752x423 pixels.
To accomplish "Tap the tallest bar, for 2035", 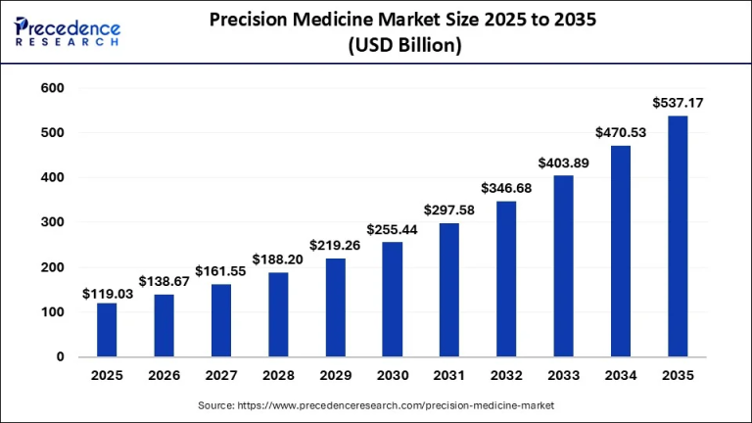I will [677, 236].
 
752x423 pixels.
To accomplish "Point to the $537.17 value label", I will [677, 103].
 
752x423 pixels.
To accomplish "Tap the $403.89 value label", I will [562, 164].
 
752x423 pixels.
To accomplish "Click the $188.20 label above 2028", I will [278, 260].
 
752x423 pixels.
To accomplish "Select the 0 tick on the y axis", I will [60, 357].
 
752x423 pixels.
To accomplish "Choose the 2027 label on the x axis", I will [221, 375].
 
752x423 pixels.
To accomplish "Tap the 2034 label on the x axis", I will [620, 375].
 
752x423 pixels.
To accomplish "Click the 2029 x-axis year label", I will [335, 375].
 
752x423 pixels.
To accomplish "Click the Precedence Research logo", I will [68, 30].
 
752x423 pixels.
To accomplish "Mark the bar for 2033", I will [562, 266].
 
